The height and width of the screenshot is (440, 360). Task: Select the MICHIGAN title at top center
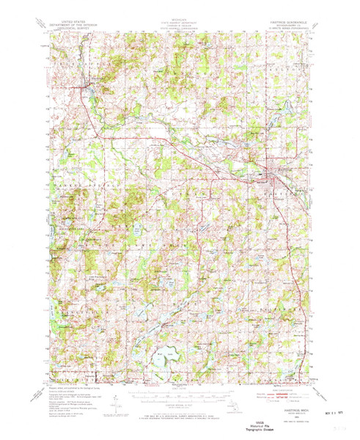pos(180,22)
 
